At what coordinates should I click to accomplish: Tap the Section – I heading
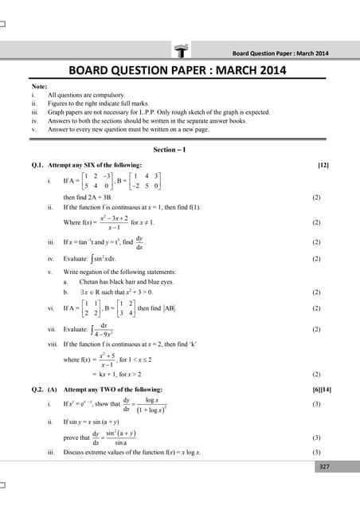click(180, 150)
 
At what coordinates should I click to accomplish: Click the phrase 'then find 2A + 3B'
click(88, 197)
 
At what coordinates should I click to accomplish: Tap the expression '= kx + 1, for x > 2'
click(110, 373)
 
